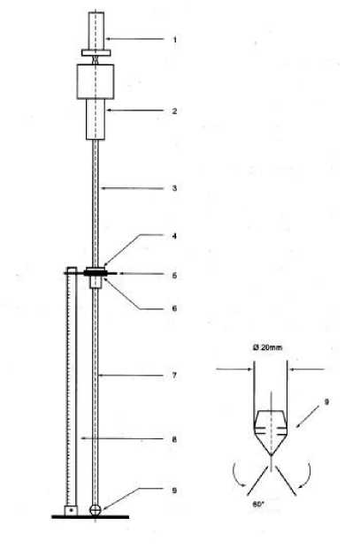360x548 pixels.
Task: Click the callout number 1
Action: coord(175,40)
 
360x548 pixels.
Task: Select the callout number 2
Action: coord(174,111)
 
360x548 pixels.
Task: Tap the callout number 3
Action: coord(174,188)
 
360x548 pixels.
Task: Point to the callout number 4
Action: coord(174,236)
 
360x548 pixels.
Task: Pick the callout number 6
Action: coord(174,308)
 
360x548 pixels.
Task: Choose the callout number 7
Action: coord(174,376)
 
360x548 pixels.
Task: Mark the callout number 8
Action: coord(174,439)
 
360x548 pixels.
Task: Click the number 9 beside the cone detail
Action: coord(326,402)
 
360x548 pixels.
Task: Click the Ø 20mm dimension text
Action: coord(267,347)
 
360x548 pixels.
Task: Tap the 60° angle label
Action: coord(258,505)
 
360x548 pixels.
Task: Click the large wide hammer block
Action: coord(96,82)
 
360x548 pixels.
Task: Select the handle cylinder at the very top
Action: coord(96,31)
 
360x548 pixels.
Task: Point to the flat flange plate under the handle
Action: coord(96,52)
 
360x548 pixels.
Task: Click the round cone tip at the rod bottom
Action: coord(96,510)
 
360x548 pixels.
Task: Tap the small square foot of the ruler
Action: coord(71,510)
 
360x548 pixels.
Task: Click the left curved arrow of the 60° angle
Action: coord(239,475)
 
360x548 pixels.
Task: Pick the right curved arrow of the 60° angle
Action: coord(305,475)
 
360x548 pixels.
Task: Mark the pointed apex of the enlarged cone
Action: coord(272,455)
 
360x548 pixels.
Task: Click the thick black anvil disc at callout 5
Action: coord(96,272)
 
